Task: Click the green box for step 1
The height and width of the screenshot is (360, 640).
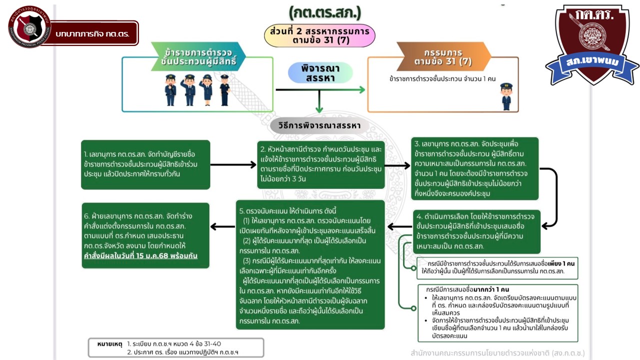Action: [x=145, y=164]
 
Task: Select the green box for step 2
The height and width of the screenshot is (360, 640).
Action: [x=320, y=164]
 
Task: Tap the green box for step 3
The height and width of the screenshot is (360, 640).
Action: [x=474, y=168]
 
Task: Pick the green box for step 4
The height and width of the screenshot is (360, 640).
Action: [x=476, y=231]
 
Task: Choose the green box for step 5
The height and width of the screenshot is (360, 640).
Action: [x=310, y=264]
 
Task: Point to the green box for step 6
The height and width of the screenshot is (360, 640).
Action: [x=145, y=235]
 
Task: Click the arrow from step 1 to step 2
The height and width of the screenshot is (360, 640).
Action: [x=233, y=164]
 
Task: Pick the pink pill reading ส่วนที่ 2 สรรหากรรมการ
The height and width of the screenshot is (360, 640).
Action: [x=319, y=35]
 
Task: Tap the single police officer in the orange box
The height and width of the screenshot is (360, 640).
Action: [x=506, y=96]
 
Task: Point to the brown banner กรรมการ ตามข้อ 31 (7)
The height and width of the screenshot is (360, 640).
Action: [x=443, y=57]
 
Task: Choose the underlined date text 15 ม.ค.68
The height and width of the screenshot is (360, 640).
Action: [x=161, y=256]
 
